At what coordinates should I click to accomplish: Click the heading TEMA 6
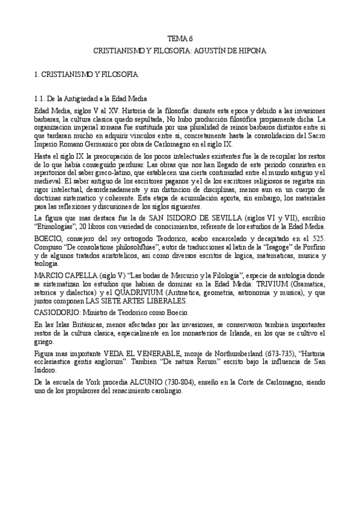(180, 37)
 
